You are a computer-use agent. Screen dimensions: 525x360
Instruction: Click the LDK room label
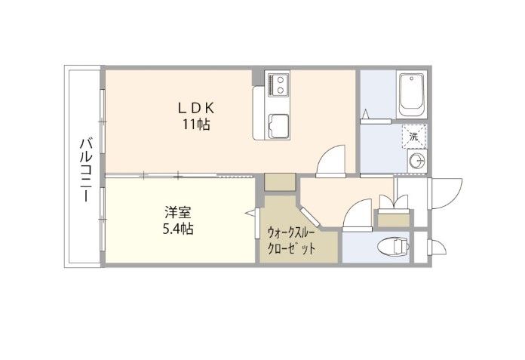coord(196,108)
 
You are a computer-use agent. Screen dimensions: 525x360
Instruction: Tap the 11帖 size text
coord(196,125)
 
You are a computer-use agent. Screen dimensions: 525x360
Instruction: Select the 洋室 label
coord(178,213)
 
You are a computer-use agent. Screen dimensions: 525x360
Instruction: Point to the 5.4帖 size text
coord(178,229)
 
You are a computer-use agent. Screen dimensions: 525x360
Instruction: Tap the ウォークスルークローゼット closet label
coord(291,240)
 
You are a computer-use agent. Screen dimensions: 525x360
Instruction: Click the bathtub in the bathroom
coord(412,94)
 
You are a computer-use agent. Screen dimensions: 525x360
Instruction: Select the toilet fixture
coord(394,248)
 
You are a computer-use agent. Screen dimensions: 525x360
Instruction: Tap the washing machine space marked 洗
coord(414,137)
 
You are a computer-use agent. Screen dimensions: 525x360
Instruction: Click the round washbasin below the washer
coord(417,162)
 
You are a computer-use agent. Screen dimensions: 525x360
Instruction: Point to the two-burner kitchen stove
coord(277,84)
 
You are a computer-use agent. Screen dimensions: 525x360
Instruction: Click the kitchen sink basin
coord(278,125)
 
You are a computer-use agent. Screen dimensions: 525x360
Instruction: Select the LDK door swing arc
coord(331,160)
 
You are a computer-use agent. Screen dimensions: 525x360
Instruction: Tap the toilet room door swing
coord(358,214)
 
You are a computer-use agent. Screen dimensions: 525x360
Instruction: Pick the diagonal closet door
coord(310,217)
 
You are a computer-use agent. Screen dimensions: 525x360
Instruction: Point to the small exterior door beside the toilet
coord(438,248)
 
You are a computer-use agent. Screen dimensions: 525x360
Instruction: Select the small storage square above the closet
coord(280,182)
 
